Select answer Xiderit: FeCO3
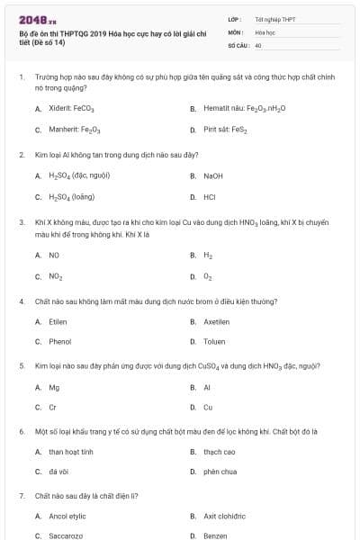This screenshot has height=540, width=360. (x=67, y=109)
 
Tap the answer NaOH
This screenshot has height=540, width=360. (x=213, y=175)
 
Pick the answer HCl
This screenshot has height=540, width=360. (x=209, y=197)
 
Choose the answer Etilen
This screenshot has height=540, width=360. (x=58, y=321)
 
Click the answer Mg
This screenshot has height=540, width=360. (x=54, y=387)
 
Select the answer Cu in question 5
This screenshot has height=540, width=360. (x=208, y=408)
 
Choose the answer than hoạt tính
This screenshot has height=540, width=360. (x=71, y=452)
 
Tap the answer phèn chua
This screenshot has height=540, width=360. (x=220, y=472)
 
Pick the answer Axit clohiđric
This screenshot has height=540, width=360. (x=224, y=517)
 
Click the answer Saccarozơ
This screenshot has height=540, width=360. (x=66, y=535)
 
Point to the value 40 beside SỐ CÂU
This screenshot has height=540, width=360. (x=258, y=44)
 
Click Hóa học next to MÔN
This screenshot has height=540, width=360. (x=265, y=31)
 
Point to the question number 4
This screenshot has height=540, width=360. (x=21, y=301)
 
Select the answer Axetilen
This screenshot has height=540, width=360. (x=217, y=321)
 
